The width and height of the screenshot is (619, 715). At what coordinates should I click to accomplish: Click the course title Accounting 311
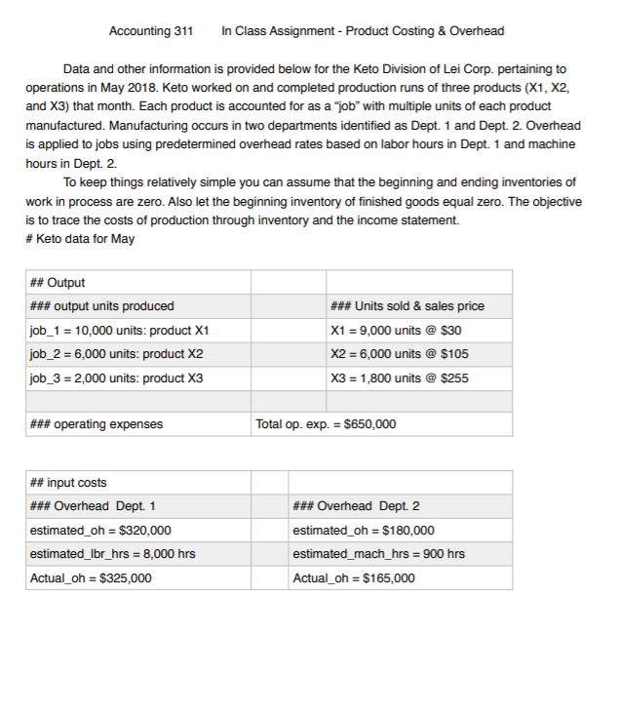click(x=150, y=31)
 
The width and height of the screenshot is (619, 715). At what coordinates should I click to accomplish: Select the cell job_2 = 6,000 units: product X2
click(x=116, y=353)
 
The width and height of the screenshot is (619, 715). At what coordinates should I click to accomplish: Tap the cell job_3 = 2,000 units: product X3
click(x=116, y=377)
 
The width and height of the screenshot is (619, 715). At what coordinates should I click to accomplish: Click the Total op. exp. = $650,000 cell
click(x=325, y=424)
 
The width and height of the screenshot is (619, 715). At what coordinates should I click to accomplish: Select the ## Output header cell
click(x=58, y=283)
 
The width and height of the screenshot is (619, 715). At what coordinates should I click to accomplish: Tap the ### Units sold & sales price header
click(x=408, y=306)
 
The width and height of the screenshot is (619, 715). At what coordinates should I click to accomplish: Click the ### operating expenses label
click(x=97, y=424)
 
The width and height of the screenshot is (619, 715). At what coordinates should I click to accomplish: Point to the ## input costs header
click(x=68, y=483)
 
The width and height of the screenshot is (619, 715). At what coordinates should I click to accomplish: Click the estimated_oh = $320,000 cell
click(x=100, y=530)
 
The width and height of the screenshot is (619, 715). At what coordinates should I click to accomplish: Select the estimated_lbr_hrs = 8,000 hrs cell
click(x=112, y=554)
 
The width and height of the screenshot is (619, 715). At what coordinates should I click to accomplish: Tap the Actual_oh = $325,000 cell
click(x=91, y=577)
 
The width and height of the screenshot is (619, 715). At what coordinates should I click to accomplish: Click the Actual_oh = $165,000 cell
click(x=353, y=577)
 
